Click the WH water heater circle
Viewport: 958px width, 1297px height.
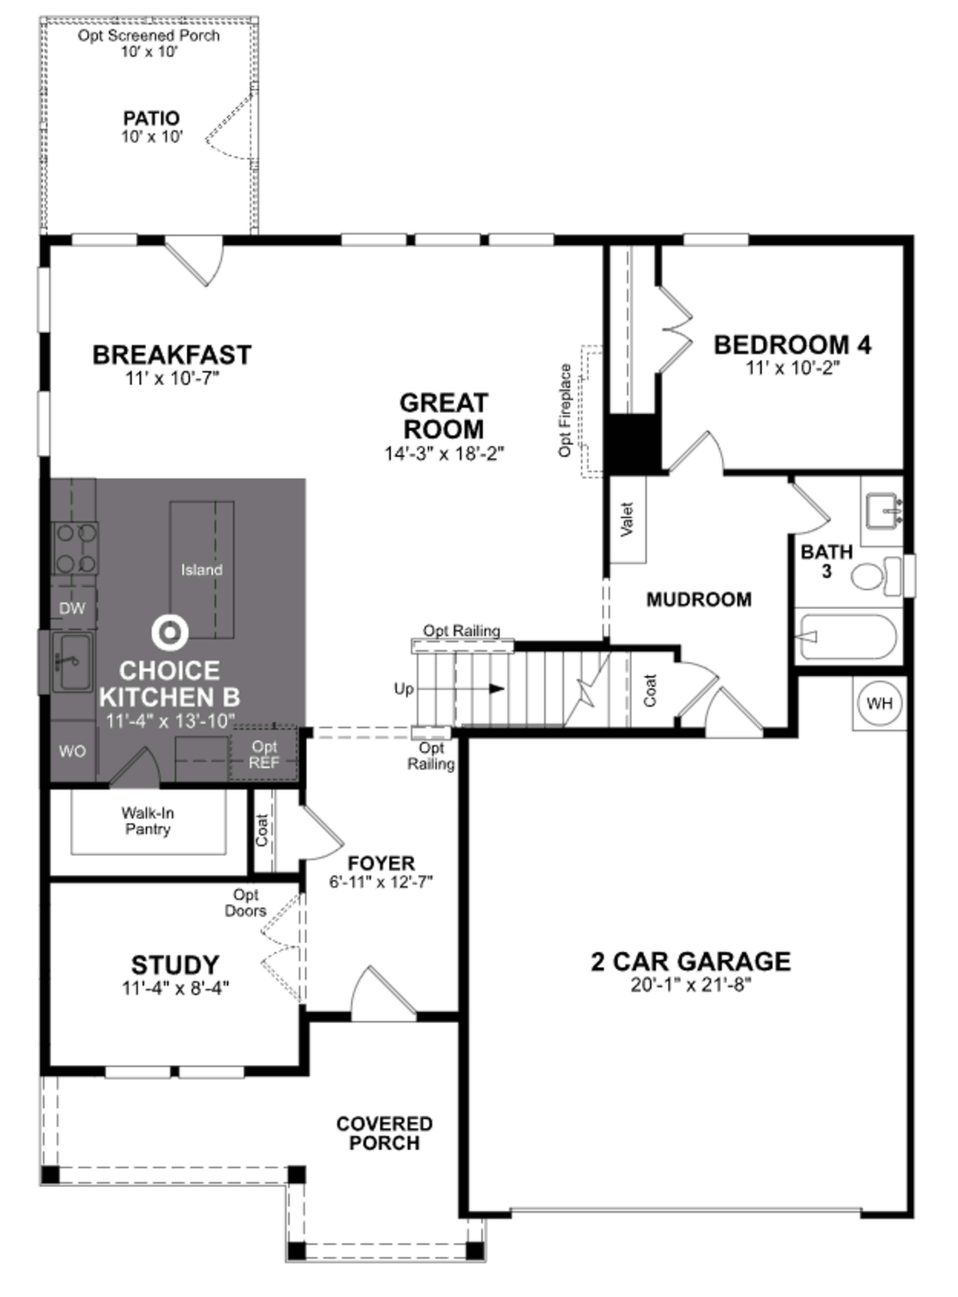point(879,704)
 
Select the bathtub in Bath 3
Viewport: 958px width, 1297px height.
point(848,637)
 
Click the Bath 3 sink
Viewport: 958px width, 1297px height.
point(883,510)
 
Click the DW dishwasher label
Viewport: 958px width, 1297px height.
point(73,608)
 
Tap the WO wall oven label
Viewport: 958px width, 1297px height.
point(73,751)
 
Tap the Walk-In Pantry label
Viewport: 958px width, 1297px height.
point(148,821)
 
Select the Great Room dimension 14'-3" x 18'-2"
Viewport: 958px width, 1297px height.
point(444,453)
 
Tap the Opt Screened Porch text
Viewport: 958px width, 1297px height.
point(149,35)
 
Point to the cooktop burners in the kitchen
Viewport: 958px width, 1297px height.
point(75,548)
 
